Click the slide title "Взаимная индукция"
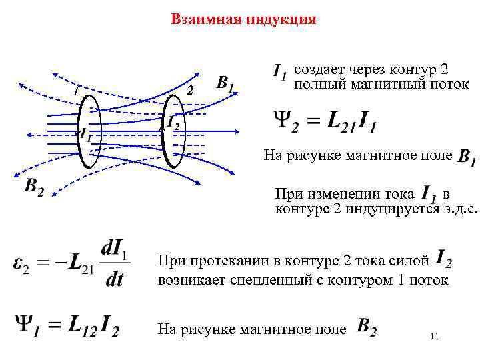pos(243,19)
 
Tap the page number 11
pos(434,337)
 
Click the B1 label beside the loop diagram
pos(226,83)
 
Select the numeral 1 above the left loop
pos(76,91)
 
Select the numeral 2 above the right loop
pos(190,91)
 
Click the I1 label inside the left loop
pos(85,133)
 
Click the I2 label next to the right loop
pos(172,122)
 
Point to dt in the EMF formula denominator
pos(115,279)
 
